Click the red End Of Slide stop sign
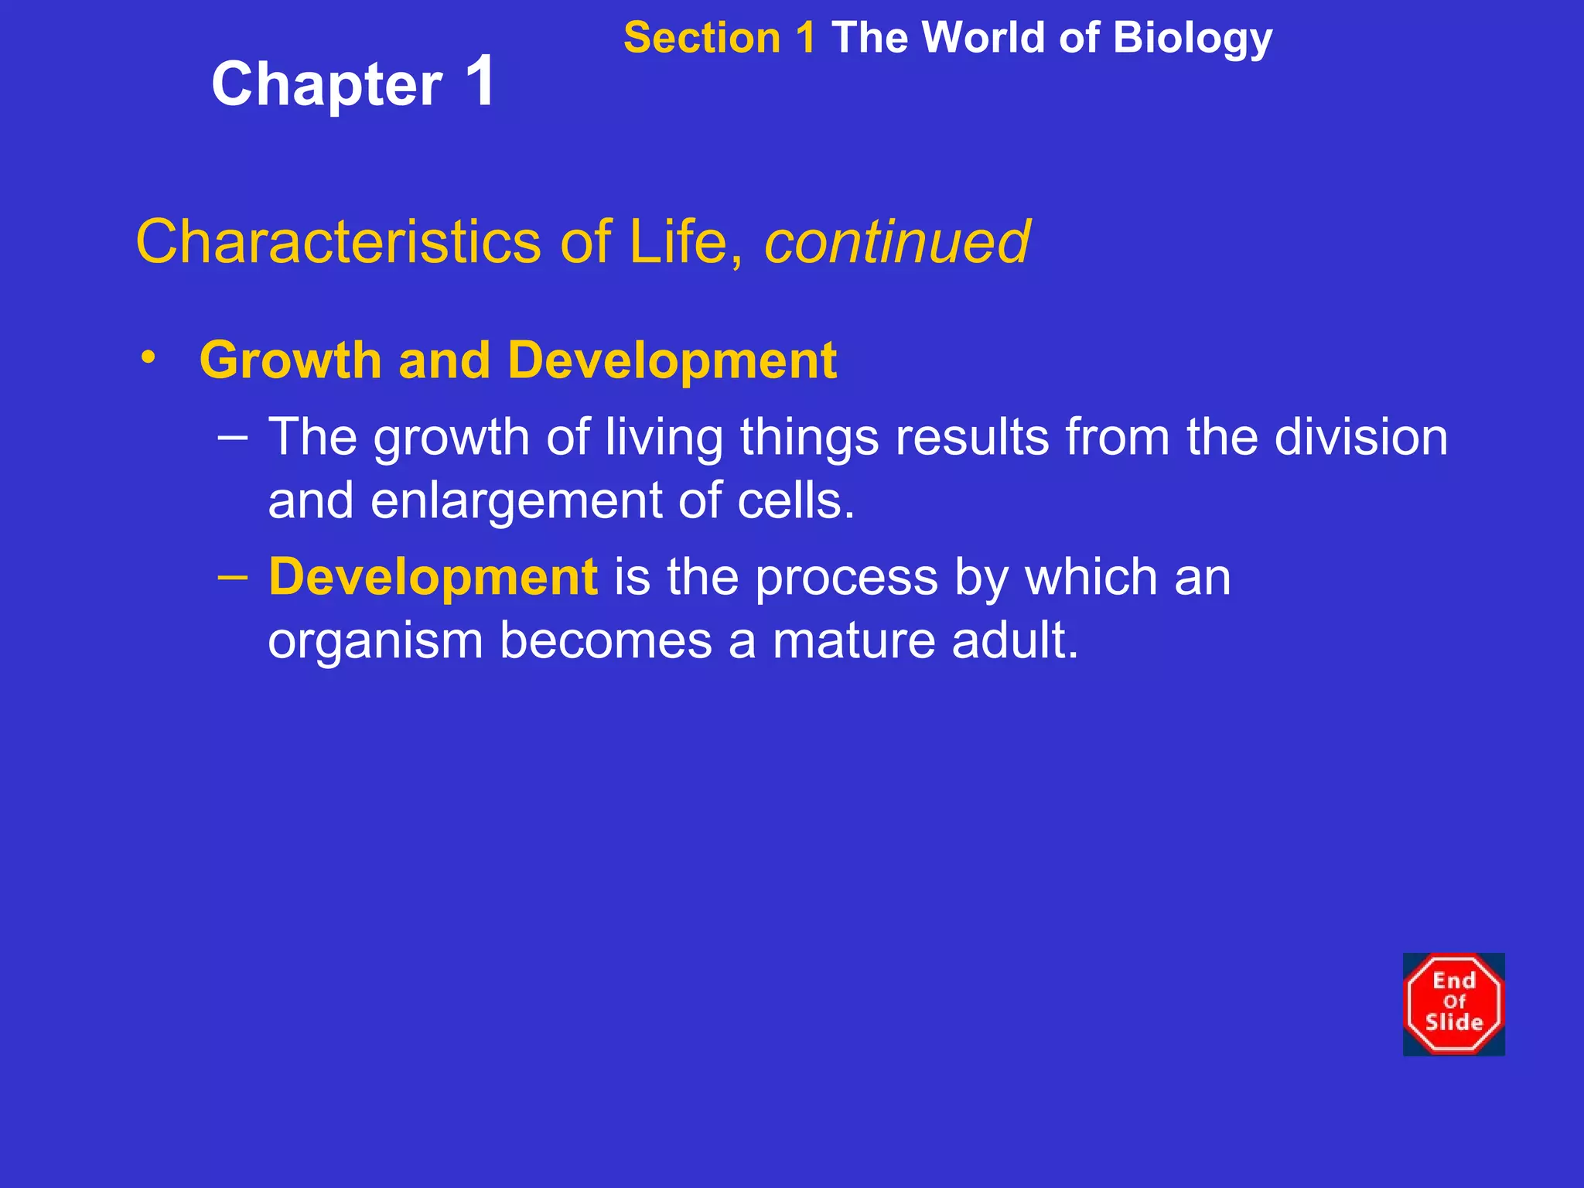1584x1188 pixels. tap(1453, 1004)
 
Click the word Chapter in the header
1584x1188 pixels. tap(326, 85)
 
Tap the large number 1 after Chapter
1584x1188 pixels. tap(480, 81)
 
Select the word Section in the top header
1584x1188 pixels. tap(702, 39)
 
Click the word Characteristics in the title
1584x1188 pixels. tap(337, 242)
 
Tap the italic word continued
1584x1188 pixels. tap(896, 242)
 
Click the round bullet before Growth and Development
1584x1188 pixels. tap(148, 357)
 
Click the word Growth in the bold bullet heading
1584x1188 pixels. tap(290, 361)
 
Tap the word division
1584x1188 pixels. tap(1360, 438)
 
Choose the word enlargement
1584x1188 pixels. tap(516, 501)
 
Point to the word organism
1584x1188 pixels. tap(375, 642)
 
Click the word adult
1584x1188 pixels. tap(1014, 642)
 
